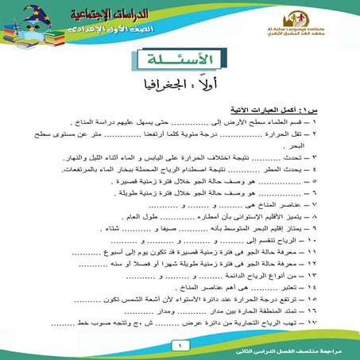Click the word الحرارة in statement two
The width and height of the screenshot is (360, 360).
(305, 136)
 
